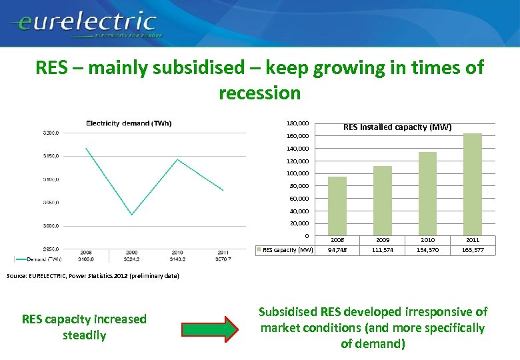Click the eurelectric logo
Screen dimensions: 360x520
click(x=83, y=23)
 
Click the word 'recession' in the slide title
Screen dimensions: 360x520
click(x=259, y=93)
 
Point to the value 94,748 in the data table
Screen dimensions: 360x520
click(x=337, y=251)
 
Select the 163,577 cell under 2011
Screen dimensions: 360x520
click(x=472, y=251)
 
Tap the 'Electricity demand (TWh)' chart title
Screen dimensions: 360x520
click(x=129, y=123)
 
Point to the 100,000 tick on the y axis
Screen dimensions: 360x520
click(x=299, y=173)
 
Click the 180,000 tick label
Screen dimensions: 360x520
click(x=297, y=123)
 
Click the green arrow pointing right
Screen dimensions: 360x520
click(x=209, y=328)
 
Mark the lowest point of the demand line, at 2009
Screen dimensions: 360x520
click(x=131, y=215)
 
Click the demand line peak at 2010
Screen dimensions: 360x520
click(x=177, y=159)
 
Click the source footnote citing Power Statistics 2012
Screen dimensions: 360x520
click(x=93, y=275)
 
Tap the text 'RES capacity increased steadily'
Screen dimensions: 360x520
click(x=84, y=327)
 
